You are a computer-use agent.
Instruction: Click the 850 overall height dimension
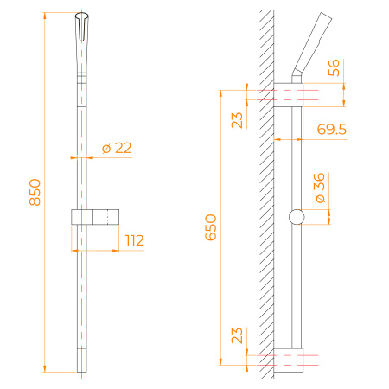pyautogui.click(x=35, y=192)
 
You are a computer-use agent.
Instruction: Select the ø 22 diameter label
pyautogui.click(x=117, y=148)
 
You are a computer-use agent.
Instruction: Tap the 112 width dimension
pyautogui.click(x=134, y=240)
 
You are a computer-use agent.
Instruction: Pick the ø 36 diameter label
pyautogui.click(x=319, y=188)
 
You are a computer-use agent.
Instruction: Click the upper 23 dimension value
pyautogui.click(x=238, y=119)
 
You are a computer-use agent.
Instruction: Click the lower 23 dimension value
pyautogui.click(x=238, y=335)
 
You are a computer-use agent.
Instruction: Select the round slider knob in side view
pyautogui.click(x=297, y=218)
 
